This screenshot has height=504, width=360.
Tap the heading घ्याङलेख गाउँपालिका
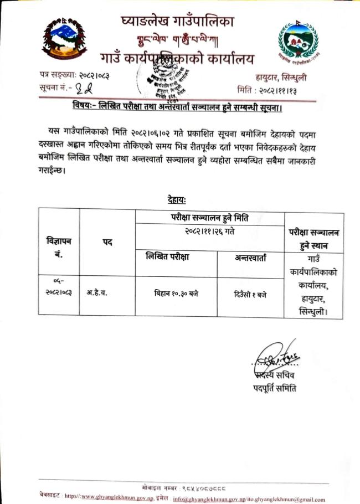(177, 22)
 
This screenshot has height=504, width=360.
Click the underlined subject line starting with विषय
(178, 105)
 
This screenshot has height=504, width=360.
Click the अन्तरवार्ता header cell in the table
(250, 258)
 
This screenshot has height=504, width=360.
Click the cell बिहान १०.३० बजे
(176, 294)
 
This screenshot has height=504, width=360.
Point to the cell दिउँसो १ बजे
(250, 294)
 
